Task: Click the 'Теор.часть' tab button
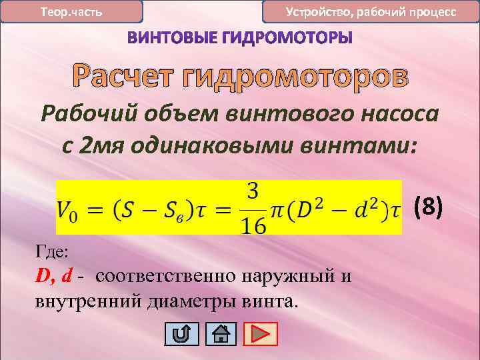pyautogui.click(x=71, y=12)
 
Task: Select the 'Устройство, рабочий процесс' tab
pyautogui.click(x=371, y=12)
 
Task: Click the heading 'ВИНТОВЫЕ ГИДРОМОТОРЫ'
pyautogui.click(x=240, y=39)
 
